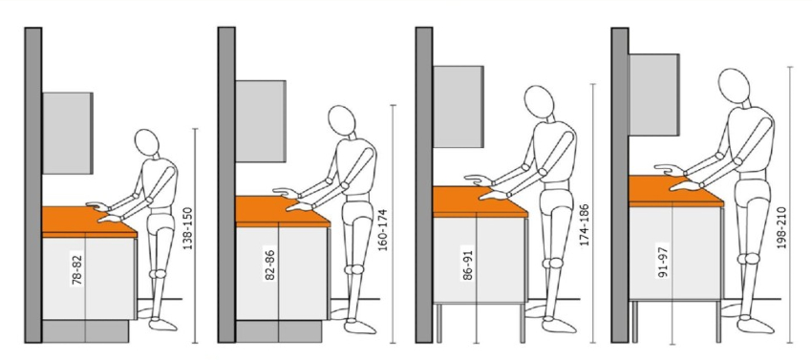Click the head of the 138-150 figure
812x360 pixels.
[146, 144]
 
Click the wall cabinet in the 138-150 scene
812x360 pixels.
[68, 133]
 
